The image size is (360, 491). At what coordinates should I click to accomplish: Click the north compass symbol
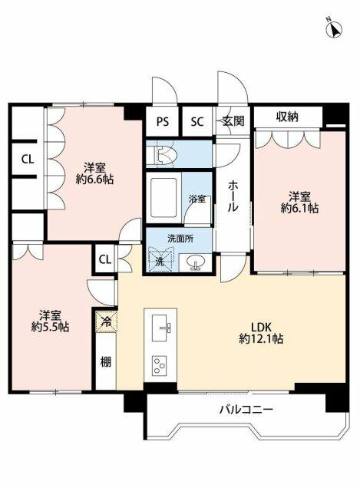(335, 29)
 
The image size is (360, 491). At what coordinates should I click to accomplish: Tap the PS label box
(162, 120)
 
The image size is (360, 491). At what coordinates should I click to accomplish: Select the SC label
(197, 120)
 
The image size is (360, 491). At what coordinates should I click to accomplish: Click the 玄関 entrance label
(233, 120)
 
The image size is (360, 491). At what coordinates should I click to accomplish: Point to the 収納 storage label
(288, 116)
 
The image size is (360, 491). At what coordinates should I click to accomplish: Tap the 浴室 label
(198, 199)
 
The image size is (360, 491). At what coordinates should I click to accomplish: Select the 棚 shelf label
(106, 362)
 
